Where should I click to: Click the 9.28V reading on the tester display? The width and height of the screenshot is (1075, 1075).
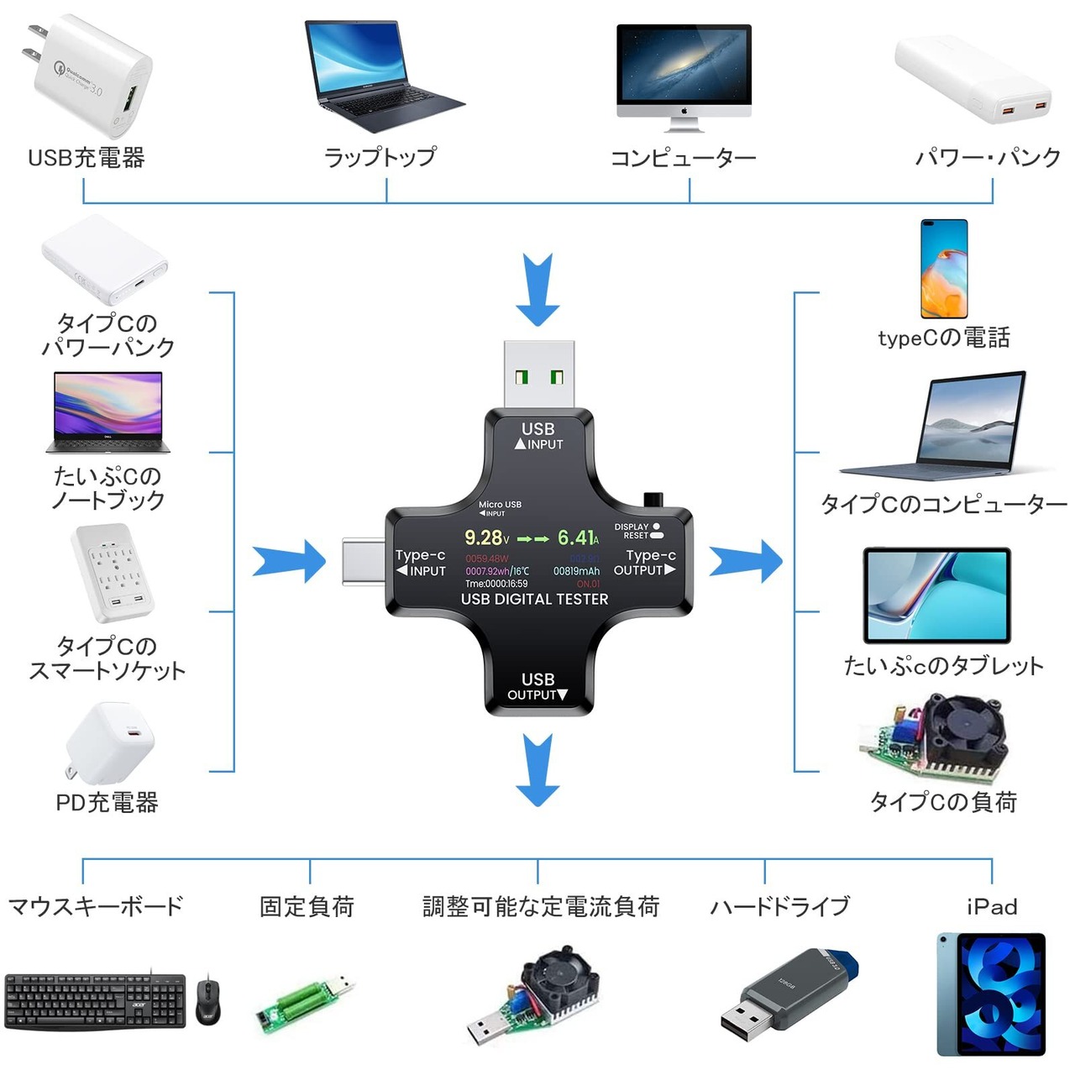(486, 537)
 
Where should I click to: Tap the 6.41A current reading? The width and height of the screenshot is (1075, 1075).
(578, 537)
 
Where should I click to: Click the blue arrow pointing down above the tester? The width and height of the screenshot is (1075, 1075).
(537, 290)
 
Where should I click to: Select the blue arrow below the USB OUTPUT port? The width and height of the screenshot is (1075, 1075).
(537, 768)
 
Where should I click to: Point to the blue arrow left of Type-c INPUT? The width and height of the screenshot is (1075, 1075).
(290, 561)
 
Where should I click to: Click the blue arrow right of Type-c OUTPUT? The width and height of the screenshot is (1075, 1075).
(745, 561)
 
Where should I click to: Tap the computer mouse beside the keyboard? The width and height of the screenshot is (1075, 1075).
(208, 999)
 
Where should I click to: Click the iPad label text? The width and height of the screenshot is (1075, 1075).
(992, 907)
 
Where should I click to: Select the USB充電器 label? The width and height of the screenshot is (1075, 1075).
(87, 158)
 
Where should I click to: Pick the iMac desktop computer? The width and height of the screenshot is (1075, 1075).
(684, 76)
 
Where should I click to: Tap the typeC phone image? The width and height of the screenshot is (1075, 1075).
(944, 269)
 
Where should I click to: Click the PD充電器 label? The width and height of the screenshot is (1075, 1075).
(107, 803)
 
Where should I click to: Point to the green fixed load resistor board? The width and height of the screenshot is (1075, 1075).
(304, 1004)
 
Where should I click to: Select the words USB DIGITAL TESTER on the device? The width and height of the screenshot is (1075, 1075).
(534, 599)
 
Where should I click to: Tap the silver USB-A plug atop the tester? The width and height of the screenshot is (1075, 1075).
(538, 375)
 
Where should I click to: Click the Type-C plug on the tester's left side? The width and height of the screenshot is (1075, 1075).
(364, 561)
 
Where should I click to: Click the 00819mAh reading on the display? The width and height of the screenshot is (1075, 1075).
(576, 571)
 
